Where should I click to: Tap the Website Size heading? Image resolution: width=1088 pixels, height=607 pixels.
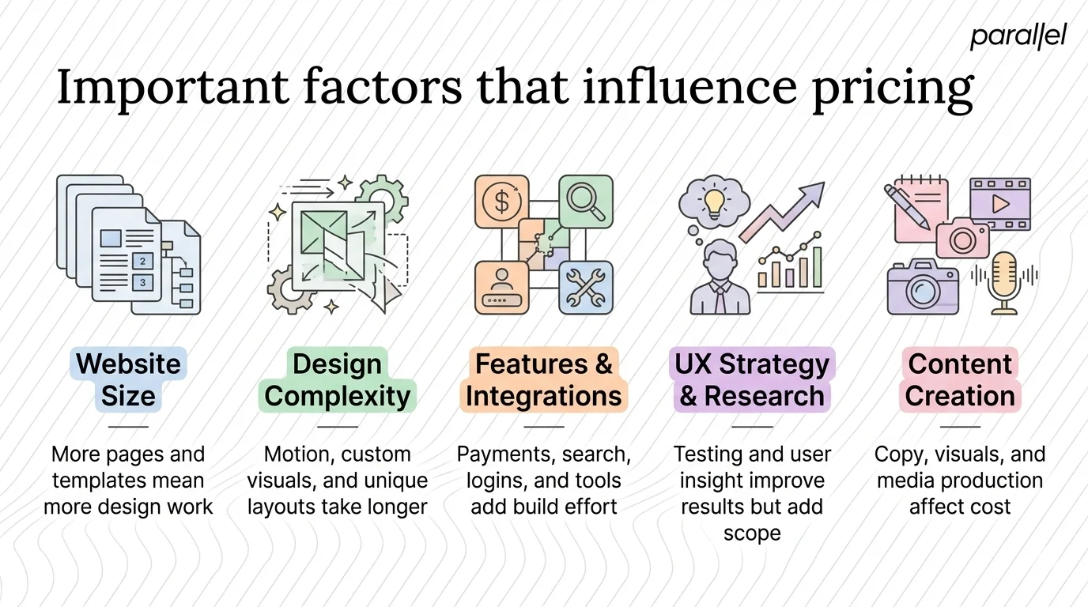click(128, 379)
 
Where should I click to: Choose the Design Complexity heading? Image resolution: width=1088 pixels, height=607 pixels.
click(338, 379)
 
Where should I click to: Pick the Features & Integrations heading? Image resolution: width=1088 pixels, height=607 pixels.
click(544, 379)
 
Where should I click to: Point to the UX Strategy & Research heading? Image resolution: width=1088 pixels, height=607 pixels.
click(752, 379)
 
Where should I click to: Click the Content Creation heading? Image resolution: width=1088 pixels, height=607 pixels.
click(960, 379)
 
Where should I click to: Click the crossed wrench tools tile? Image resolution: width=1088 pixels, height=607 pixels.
click(586, 287)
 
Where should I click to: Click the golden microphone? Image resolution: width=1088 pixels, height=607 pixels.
click(1005, 281)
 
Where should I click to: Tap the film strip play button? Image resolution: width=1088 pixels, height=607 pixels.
click(1000, 204)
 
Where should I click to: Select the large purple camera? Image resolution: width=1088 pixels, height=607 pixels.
click(922, 289)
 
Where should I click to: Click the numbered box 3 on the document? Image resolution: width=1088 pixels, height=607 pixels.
click(142, 282)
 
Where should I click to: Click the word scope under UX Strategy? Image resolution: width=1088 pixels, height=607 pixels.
click(752, 533)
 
